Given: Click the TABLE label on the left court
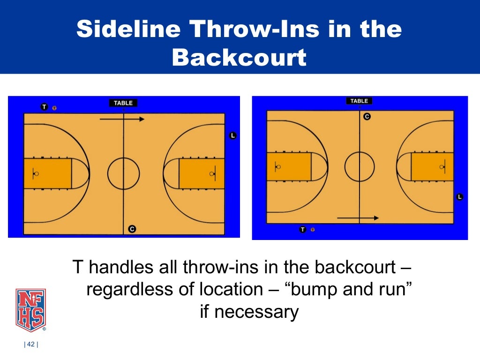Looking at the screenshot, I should point(123,103).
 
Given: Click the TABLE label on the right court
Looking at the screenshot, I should point(359,101).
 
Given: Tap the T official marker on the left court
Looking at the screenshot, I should point(45,107).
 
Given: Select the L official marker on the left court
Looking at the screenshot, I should point(233,136).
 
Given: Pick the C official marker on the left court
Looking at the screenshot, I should point(132,229).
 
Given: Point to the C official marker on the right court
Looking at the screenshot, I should point(367,116).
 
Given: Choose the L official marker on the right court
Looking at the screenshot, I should point(459,197).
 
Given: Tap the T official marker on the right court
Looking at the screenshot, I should point(303,230).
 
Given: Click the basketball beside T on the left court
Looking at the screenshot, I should point(54,108).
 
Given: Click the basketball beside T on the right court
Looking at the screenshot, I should point(313,230).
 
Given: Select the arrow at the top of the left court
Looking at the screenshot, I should point(122,119).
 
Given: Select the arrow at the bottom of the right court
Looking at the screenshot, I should point(358,218).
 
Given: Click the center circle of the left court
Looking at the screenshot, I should point(123,173).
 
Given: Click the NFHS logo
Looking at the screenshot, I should point(30,309).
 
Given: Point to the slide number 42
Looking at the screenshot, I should point(31,345).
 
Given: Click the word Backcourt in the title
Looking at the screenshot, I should point(239,58).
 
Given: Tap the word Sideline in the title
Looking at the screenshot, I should point(128,29).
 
